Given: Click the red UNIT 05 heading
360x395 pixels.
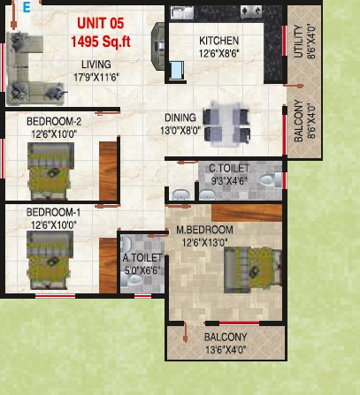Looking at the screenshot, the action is click(x=101, y=24).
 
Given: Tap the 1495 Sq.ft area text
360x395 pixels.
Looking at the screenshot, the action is click(x=101, y=42).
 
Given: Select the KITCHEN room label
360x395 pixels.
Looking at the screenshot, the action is click(x=218, y=41).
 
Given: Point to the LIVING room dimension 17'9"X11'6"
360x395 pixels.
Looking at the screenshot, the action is click(x=96, y=78).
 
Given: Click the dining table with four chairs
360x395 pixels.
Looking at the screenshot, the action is click(x=226, y=125).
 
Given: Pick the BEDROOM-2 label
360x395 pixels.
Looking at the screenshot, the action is click(x=54, y=121).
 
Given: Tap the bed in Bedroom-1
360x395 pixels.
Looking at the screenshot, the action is click(x=50, y=260).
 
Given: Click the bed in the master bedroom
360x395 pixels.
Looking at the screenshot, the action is click(x=253, y=270).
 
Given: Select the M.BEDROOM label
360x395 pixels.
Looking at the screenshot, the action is click(x=204, y=230).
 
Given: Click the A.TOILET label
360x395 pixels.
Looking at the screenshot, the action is click(x=142, y=258).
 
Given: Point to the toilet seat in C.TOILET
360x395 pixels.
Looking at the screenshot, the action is click(x=271, y=180).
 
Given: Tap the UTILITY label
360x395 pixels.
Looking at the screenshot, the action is click(x=299, y=42).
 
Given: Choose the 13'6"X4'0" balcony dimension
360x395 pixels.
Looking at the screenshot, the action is click(x=226, y=350).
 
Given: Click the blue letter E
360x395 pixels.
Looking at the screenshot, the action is click(x=27, y=7).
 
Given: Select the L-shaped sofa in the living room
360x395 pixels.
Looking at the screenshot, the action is click(x=28, y=69).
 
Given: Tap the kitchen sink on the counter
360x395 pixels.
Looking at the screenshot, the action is click(x=182, y=12).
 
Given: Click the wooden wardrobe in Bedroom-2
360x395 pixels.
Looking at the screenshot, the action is click(x=108, y=171).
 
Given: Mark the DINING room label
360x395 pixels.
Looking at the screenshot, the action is click(x=180, y=118).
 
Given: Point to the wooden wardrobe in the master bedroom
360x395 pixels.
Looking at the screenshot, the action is click(x=247, y=213).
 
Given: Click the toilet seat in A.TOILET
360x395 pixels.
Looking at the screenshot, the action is click(x=132, y=280).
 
